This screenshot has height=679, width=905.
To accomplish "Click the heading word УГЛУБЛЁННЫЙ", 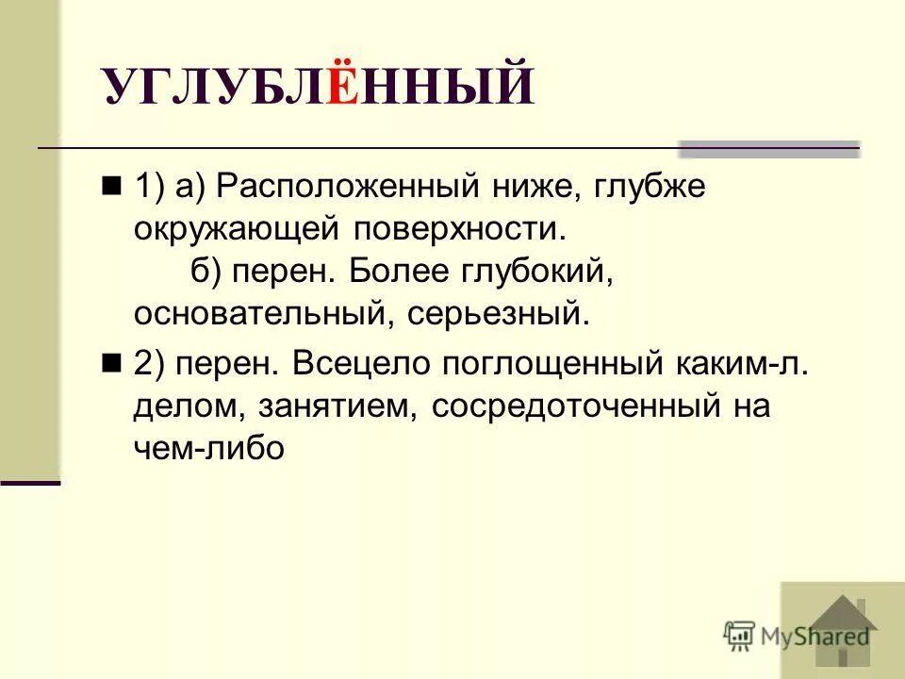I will tap(319, 88).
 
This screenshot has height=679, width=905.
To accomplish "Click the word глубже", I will tap(650, 187).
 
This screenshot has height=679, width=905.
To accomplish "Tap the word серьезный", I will tap(499, 314).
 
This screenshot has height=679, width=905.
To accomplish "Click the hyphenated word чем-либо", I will tap(208, 448).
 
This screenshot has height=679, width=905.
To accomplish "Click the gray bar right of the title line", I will tap(769, 148).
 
